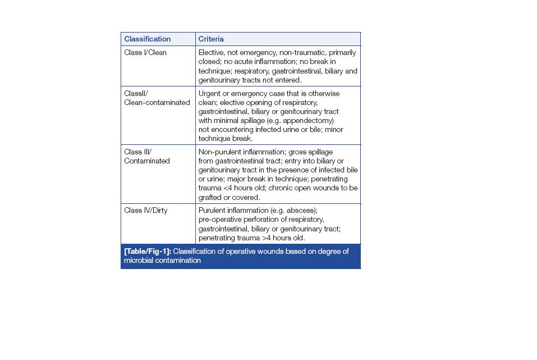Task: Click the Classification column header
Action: pos(147,39)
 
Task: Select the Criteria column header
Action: pos(210,39)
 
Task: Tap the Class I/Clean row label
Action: pos(145,53)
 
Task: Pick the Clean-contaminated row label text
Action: pos(157,103)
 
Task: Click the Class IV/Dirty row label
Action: pos(145,211)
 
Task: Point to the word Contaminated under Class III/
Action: pos(146,161)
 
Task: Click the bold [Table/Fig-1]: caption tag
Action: pos(147,252)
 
